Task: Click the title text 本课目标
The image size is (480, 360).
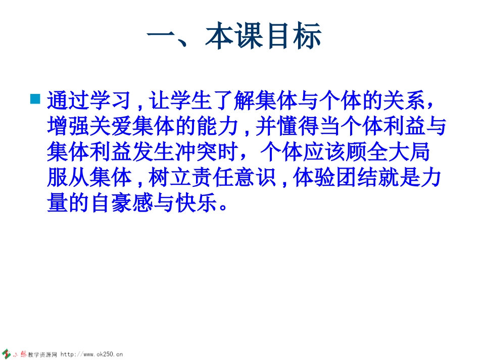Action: (263, 38)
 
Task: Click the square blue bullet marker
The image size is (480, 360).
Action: (35, 98)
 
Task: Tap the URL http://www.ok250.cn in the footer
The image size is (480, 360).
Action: (92, 354)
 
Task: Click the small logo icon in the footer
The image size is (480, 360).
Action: (8, 353)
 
